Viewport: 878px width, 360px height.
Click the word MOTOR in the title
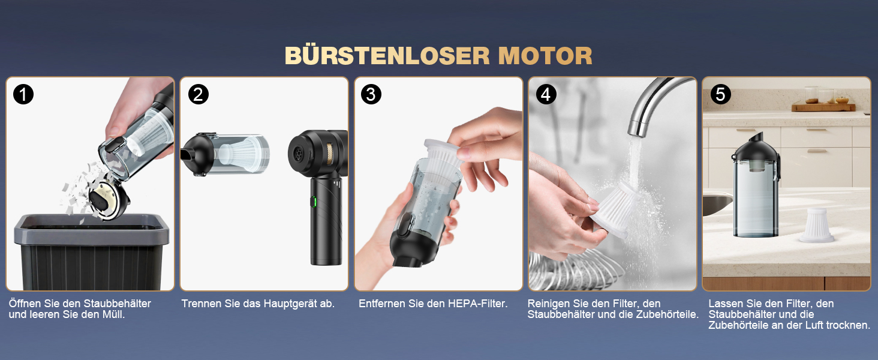(x=545, y=56)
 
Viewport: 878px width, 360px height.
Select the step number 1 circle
(x=23, y=95)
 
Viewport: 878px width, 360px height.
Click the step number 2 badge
(x=198, y=95)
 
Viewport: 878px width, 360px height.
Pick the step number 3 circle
(x=371, y=95)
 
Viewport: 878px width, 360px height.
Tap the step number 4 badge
(x=546, y=95)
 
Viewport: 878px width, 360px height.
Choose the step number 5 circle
(x=720, y=95)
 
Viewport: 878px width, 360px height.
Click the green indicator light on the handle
(x=314, y=202)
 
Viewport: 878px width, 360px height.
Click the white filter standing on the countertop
(x=816, y=225)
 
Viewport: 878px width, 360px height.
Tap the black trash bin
(x=92, y=251)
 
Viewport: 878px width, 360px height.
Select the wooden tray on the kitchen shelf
(x=823, y=107)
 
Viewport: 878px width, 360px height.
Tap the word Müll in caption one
(x=113, y=314)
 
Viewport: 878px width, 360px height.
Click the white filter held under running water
(x=616, y=210)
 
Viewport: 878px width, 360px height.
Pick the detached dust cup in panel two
(x=225, y=154)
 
